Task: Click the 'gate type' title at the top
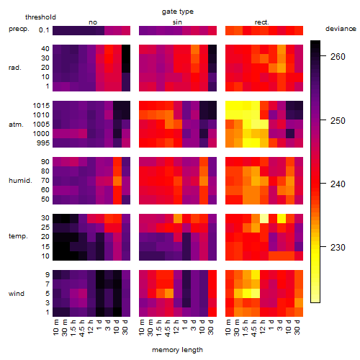pyautogui.click(x=178, y=12)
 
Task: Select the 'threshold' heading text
pyautogui.click(x=40, y=17)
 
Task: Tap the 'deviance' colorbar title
pyautogui.click(x=341, y=29)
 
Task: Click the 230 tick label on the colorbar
pyautogui.click(x=338, y=247)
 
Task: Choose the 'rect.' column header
pyautogui.click(x=261, y=22)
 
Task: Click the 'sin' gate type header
pyautogui.click(x=177, y=22)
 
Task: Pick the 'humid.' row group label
pyautogui.click(x=20, y=181)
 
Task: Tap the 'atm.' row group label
pyautogui.click(x=16, y=125)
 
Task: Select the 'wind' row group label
pyautogui.click(x=17, y=294)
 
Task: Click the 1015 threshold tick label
pyautogui.click(x=41, y=106)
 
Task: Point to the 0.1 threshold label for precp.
pyautogui.click(x=44, y=30)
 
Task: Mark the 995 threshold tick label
pyautogui.click(x=43, y=143)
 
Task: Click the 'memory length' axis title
pyautogui.click(x=177, y=350)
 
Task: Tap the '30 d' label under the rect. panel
pyautogui.click(x=297, y=327)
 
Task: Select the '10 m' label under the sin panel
pyautogui.click(x=142, y=328)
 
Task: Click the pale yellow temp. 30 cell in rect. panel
pyautogui.click(x=264, y=218)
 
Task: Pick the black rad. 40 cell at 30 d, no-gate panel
pyautogui.click(x=126, y=49)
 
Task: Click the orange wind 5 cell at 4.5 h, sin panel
pyautogui.click(x=169, y=293)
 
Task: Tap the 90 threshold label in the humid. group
pyautogui.click(x=45, y=162)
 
